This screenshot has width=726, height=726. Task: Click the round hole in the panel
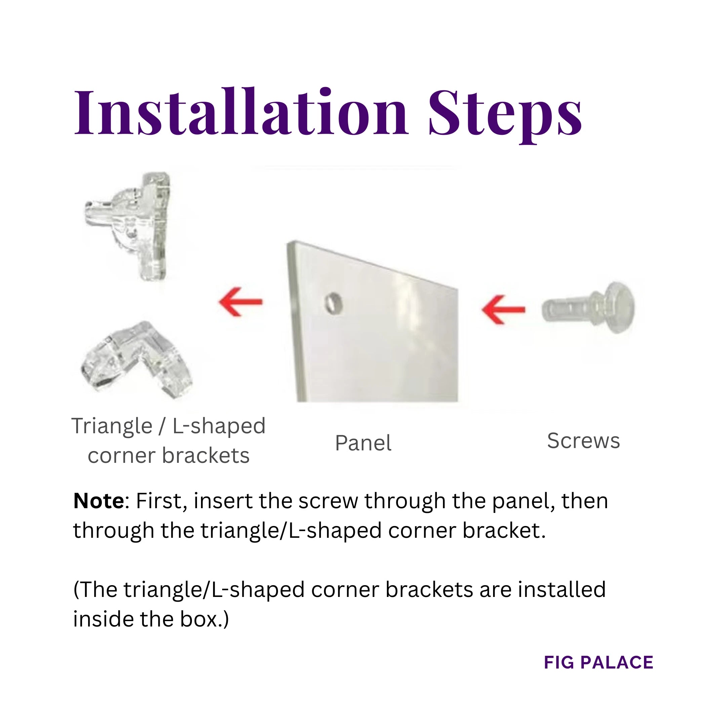tap(334, 303)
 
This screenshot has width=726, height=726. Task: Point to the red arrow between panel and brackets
tap(241, 301)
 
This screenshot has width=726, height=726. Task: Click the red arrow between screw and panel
tap(503, 309)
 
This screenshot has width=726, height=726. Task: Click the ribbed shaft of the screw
tap(564, 309)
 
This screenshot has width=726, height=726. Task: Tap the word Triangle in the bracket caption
tap(112, 426)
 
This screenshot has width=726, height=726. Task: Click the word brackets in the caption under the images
tap(206, 455)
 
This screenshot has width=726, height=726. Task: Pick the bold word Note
tap(98, 501)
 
